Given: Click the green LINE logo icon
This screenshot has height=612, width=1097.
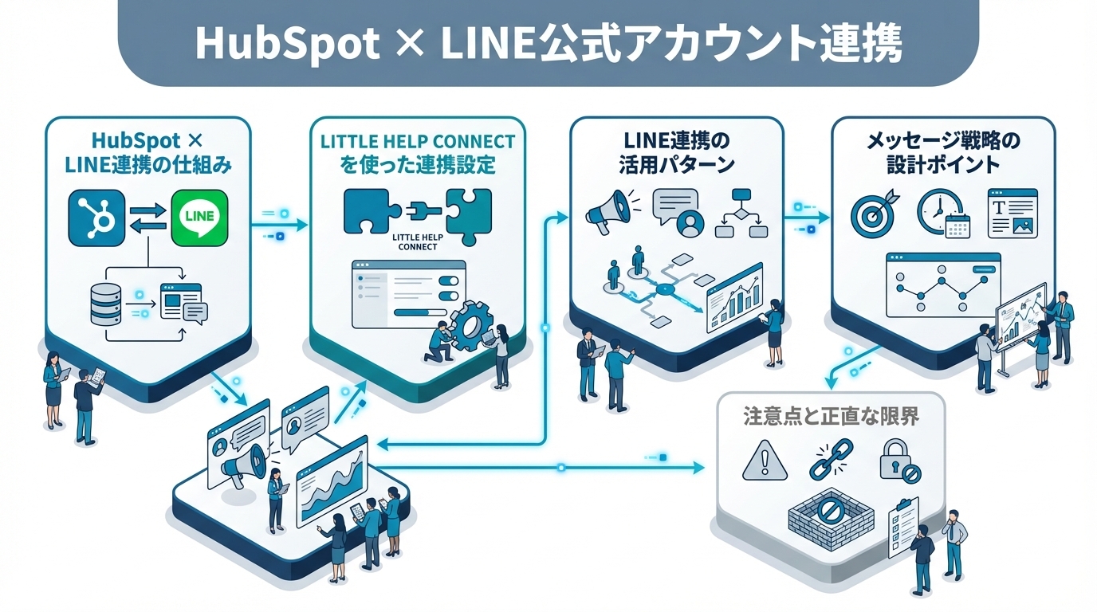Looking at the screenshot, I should [x=199, y=218].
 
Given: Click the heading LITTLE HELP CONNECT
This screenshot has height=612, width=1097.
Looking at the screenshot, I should [x=418, y=142].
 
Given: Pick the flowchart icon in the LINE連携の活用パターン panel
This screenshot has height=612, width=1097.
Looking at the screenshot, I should [x=741, y=213].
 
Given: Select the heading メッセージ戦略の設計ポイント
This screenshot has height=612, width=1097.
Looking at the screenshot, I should [x=943, y=153].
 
